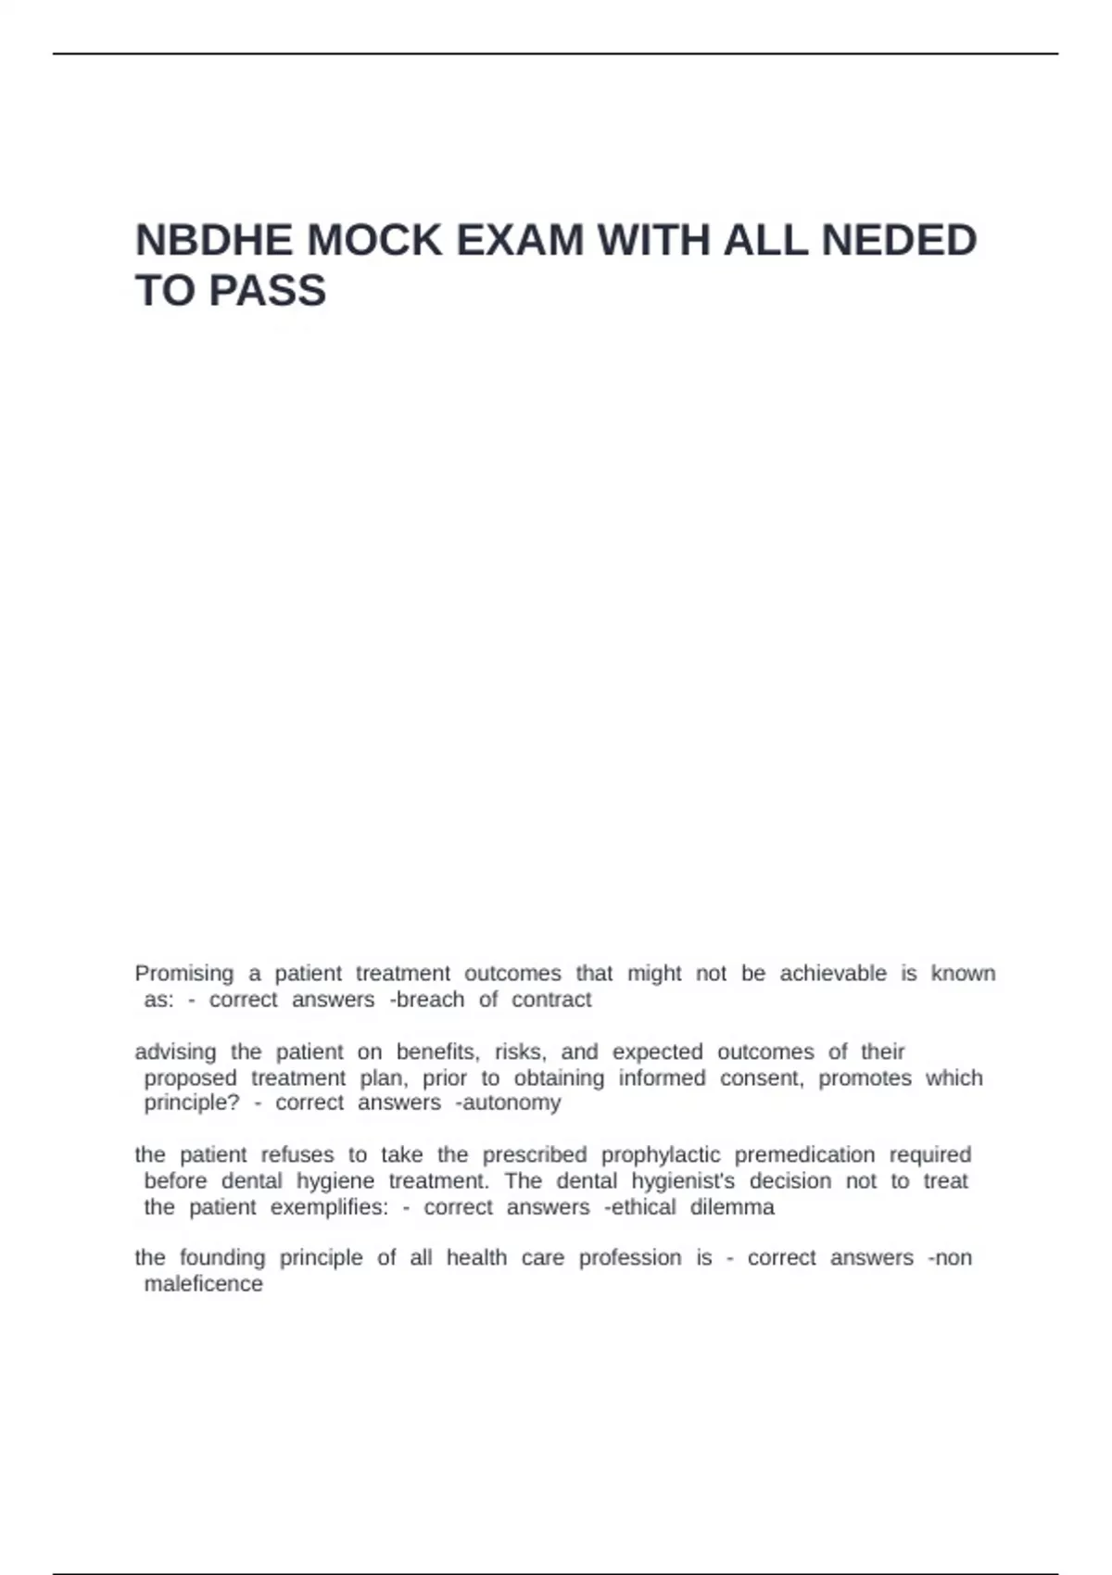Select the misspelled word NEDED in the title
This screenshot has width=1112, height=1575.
(899, 241)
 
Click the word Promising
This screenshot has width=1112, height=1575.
(183, 974)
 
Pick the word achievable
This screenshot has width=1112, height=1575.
(832, 974)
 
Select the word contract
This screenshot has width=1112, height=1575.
(551, 1000)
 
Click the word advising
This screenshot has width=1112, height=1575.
(175, 1052)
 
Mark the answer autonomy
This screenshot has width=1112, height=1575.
(511, 1103)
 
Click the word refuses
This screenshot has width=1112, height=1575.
(297, 1155)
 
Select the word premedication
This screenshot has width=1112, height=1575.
(804, 1155)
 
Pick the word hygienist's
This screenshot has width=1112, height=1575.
(683, 1181)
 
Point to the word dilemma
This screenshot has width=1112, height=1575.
(732, 1207)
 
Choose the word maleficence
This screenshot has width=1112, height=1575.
(203, 1284)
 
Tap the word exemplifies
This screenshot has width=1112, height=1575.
(329, 1207)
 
